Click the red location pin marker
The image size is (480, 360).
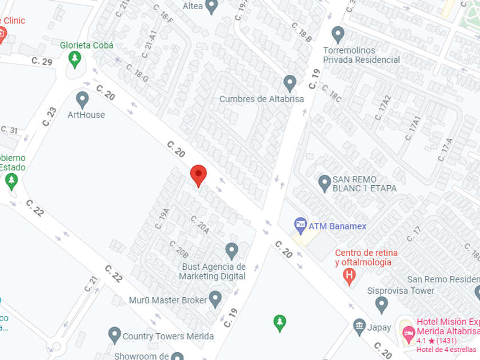pos(198,174)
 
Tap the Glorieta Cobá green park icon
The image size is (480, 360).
pos(74,58)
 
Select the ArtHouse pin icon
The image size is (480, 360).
pos(82,99)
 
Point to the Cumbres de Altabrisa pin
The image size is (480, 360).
pos(290,83)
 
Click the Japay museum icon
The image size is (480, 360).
pos(359,327)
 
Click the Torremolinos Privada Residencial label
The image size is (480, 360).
pos(361,55)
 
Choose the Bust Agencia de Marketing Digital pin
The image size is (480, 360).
pos(231,250)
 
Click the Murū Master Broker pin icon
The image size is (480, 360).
pos(215,298)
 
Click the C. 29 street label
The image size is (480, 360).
pos(42,62)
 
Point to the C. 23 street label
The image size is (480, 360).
pos(50,117)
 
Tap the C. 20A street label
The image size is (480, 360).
pos(199,225)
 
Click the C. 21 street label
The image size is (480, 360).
pos(91,283)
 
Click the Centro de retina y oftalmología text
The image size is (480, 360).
pos(366,258)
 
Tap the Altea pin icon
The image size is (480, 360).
pos(212,7)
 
